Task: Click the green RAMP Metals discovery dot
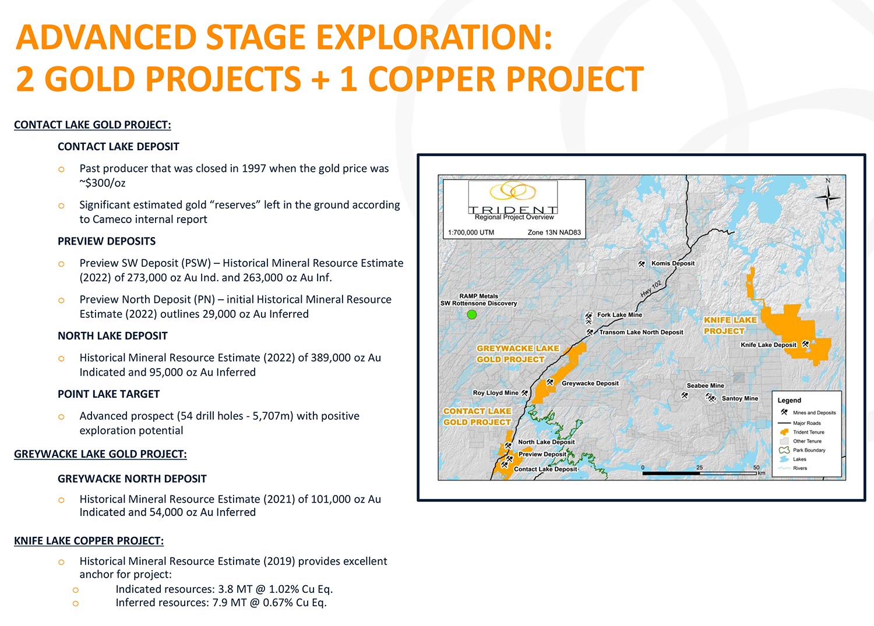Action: click(472, 314)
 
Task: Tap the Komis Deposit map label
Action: click(672, 263)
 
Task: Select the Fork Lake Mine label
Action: click(619, 315)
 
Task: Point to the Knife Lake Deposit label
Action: click(769, 345)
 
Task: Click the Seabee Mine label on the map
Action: click(706, 385)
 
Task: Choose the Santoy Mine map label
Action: click(740, 398)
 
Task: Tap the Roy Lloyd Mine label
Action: click(495, 392)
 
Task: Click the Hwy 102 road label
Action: click(651, 289)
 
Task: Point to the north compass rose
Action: click(827, 197)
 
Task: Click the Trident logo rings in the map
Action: click(513, 190)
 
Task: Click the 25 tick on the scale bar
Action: click(700, 467)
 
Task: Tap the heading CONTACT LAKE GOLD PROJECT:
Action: click(93, 125)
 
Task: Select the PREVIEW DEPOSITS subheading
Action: click(107, 241)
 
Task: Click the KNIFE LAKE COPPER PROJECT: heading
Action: click(89, 540)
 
